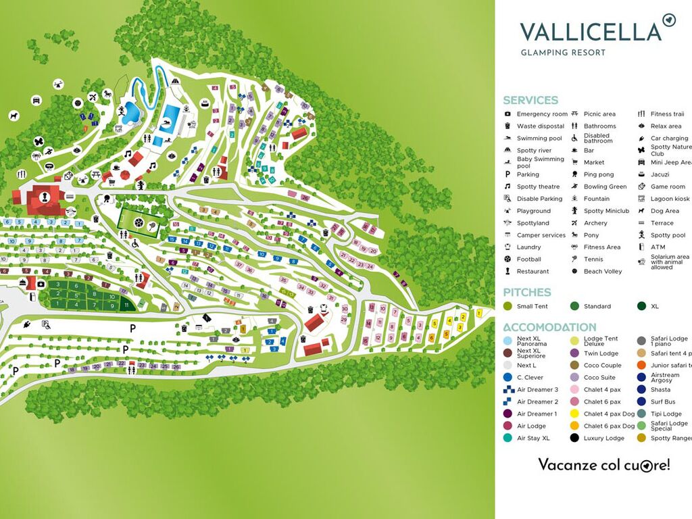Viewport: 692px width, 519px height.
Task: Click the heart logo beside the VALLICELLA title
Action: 669,20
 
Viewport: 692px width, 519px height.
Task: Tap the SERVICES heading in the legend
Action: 530,100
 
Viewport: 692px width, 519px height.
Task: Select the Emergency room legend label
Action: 542,114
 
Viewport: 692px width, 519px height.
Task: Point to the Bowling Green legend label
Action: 605,187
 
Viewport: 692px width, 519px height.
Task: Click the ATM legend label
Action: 658,247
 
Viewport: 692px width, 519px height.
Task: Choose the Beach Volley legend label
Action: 602,271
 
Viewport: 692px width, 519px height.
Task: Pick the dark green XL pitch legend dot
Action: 641,306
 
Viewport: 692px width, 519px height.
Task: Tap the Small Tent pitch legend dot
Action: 508,306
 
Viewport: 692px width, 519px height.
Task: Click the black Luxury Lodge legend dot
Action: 574,438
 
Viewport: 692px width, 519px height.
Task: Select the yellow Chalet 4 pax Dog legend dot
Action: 574,414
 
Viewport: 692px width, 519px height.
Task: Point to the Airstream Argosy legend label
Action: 665,378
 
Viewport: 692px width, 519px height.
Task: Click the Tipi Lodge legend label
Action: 666,414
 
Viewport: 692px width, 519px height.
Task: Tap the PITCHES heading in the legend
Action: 527,292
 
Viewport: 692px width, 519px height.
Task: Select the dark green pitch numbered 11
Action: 126,305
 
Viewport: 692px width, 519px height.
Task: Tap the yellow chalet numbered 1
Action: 479,313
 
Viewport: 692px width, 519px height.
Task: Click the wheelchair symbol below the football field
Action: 135,243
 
